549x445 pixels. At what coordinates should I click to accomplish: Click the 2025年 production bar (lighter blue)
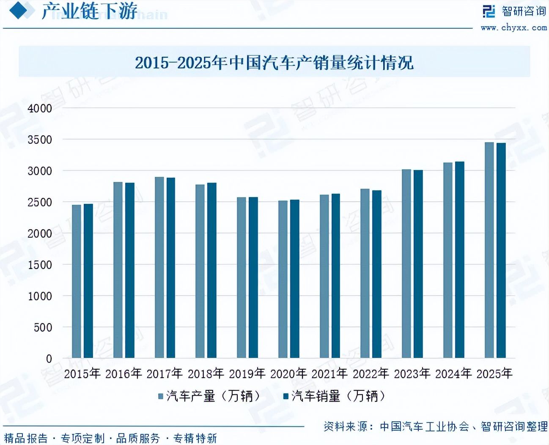(489, 250)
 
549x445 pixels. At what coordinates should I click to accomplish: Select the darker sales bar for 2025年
(501, 250)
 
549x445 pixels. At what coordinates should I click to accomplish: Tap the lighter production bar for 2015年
(77, 281)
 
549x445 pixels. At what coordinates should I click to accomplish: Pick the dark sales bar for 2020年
(295, 279)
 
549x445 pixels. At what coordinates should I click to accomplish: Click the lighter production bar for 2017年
(159, 267)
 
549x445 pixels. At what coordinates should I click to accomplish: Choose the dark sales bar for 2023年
(418, 264)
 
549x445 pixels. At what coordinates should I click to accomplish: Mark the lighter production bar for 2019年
(242, 277)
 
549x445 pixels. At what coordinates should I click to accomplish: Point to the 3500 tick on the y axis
(40, 140)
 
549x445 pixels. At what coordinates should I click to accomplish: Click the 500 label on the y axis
(43, 327)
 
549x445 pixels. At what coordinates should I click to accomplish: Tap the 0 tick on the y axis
(49, 359)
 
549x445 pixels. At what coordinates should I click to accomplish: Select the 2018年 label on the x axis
(206, 374)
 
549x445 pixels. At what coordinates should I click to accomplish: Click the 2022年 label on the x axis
(371, 374)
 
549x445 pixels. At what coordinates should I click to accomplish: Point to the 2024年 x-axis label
(453, 374)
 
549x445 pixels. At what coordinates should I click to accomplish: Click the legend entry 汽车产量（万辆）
(209, 396)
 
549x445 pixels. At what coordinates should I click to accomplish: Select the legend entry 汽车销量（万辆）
(335, 396)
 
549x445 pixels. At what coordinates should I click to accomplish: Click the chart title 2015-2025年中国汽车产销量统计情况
(274, 63)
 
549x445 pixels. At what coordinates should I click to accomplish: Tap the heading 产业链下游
(89, 11)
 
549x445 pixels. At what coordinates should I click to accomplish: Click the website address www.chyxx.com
(513, 28)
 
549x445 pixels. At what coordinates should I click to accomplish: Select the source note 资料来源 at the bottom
(435, 426)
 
